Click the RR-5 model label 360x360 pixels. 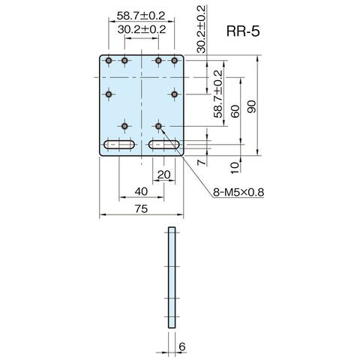(x=243, y=31)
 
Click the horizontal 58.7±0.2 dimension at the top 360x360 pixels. (x=141, y=16)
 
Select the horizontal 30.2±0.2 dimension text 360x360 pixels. (x=142, y=29)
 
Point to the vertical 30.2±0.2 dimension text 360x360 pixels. (x=201, y=29)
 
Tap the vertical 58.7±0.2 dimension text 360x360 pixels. (x=218, y=94)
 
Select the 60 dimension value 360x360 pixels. (x=235, y=112)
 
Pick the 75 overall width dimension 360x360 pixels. (x=142, y=208)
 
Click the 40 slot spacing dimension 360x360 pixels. (x=141, y=191)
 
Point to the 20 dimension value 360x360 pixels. (x=164, y=175)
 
